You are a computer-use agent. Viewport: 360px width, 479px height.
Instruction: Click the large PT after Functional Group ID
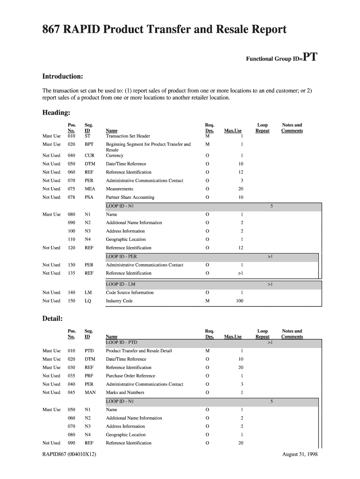click(310, 58)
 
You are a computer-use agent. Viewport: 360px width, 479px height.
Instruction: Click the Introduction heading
click(63, 76)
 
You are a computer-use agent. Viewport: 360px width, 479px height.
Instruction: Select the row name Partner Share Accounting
click(130, 197)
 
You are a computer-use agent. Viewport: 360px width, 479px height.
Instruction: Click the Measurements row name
click(120, 189)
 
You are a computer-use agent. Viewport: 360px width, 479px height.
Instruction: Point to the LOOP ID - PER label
click(122, 257)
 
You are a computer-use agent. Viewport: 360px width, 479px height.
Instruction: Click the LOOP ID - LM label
click(121, 284)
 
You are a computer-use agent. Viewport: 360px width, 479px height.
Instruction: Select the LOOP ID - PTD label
click(122, 342)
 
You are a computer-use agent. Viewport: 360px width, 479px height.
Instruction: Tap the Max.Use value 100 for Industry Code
click(239, 301)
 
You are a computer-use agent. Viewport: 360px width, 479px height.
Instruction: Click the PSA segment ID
click(89, 197)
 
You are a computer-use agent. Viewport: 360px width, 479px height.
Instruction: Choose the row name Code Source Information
click(130, 293)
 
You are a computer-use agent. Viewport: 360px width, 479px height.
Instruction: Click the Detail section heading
click(52, 319)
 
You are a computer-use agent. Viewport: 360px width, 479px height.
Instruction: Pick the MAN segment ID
click(90, 393)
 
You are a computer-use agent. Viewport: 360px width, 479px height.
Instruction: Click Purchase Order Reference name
click(130, 376)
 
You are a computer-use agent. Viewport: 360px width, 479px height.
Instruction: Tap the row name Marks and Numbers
click(125, 393)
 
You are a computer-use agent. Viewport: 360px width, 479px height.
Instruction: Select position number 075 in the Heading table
click(71, 189)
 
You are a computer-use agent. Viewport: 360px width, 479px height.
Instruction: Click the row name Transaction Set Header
click(128, 136)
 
